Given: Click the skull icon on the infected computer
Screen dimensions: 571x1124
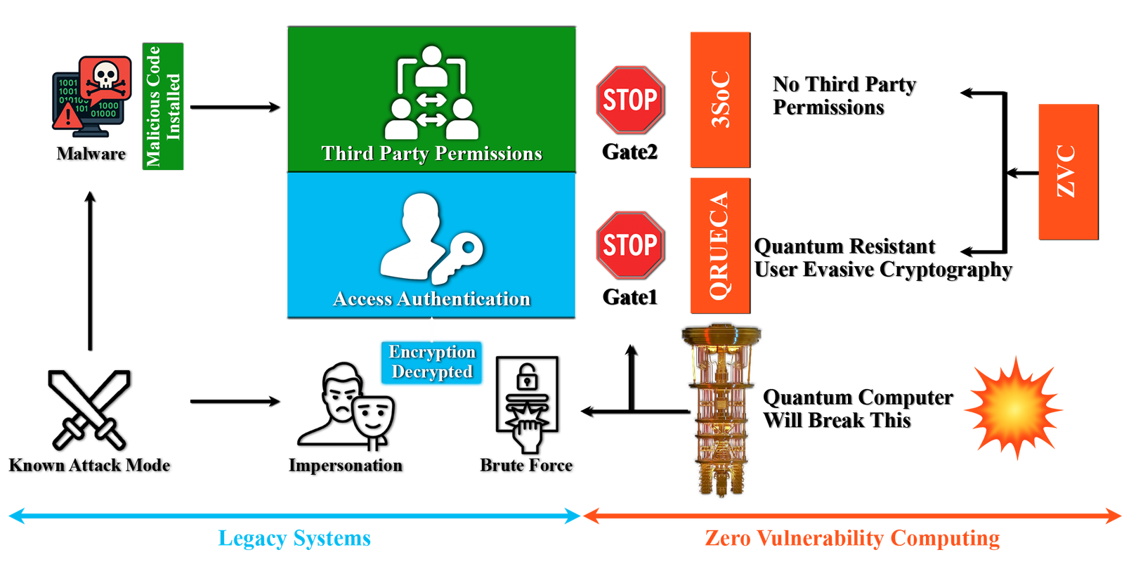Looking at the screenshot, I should pos(105,76).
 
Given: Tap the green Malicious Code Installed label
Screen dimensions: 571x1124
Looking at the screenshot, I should pos(164,107).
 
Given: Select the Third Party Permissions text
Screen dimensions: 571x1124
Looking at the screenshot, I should pos(431,154).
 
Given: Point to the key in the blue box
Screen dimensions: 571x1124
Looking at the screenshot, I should pos(457,257).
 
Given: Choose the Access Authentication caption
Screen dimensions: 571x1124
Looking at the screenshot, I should pos(431,299).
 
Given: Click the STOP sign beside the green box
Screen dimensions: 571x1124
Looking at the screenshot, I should pos(629,100).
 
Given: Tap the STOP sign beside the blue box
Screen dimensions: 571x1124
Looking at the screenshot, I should pos(629,244).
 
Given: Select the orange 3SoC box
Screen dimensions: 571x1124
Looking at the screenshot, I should pos(720,99).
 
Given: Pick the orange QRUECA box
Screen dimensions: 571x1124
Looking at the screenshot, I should pos(720,244).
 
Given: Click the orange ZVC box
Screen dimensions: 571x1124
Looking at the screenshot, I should pos(1067,171).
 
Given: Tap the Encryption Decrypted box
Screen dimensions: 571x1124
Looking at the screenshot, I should pos(432,362).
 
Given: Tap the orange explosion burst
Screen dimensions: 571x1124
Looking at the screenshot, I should pos(1014,408).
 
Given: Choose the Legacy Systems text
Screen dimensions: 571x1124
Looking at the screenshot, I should pos(294,539).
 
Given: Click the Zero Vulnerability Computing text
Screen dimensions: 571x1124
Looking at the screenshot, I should pos(852,539).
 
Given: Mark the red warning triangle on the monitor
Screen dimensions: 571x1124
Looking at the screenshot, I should pos(68,115).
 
